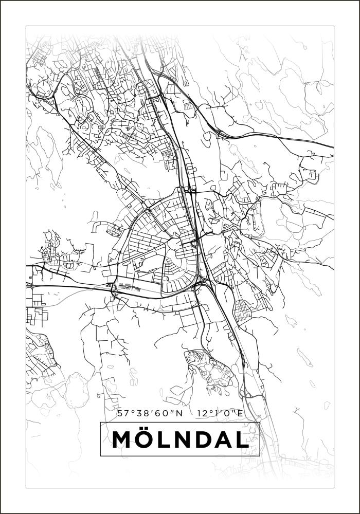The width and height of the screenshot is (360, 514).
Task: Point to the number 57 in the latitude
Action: click(122, 413)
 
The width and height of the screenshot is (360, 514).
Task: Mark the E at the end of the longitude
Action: click(240, 413)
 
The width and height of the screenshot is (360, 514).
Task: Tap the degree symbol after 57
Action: click(130, 411)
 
